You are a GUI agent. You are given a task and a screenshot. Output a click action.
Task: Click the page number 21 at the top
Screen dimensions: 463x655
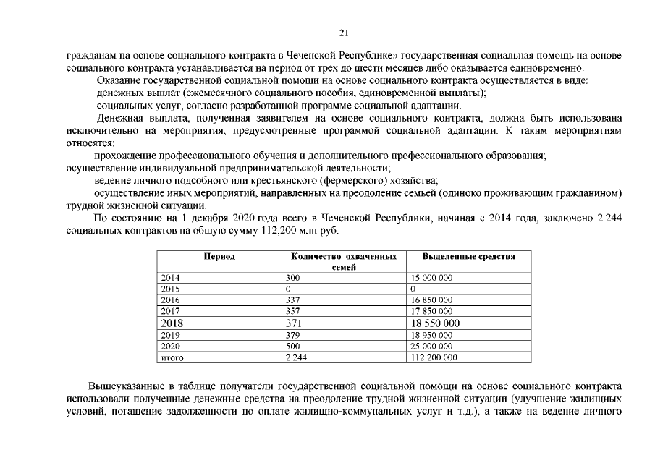[344, 32]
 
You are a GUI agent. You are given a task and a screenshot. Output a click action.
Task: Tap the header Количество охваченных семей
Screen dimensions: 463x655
[343, 262]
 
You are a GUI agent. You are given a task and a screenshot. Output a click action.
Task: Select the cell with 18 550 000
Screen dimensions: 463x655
[435, 323]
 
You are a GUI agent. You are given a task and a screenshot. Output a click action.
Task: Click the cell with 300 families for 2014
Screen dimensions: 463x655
[292, 278]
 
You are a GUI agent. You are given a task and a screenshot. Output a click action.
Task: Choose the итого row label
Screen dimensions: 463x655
[171, 357]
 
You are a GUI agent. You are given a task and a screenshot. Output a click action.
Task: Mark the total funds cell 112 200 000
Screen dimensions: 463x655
[434, 357]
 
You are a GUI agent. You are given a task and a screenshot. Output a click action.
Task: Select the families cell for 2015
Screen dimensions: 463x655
[289, 289]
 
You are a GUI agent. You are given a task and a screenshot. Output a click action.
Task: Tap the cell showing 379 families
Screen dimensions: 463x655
[292, 335]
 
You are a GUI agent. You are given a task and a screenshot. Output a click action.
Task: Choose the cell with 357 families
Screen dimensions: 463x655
[292, 310]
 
